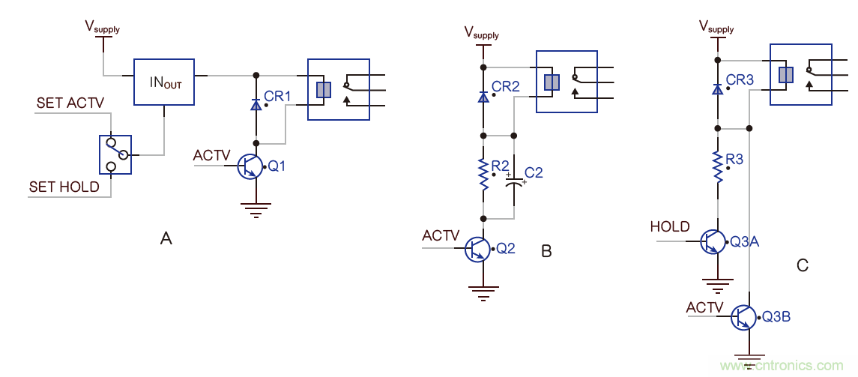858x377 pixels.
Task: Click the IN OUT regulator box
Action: pos(163,81)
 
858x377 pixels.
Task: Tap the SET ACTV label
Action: pos(70,103)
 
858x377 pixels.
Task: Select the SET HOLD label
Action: pos(64,187)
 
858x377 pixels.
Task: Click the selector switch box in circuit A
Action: pos(115,154)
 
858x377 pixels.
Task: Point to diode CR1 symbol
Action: pos(256,106)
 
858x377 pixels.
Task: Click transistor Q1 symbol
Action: pos(249,166)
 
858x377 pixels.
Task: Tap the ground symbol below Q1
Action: pos(256,210)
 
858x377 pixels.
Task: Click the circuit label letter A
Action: pos(166,239)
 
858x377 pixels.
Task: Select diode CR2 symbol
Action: pos(483,97)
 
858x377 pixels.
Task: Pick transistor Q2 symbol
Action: pos(477,248)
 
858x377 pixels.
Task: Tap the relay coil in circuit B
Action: pos(552,82)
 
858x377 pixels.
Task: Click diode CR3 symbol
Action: pos(718,89)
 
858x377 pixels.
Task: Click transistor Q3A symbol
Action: pos(712,241)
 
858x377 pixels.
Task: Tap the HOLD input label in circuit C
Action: pos(670,227)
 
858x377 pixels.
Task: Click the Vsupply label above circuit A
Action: pos(102,28)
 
